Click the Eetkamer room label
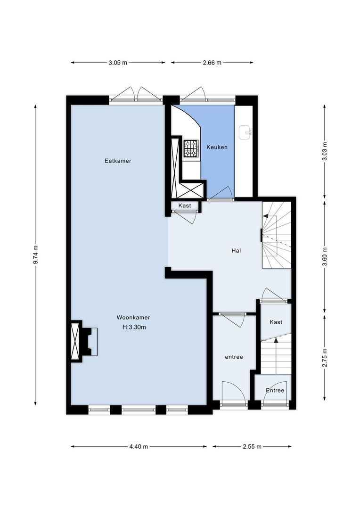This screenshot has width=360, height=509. tap(118, 161)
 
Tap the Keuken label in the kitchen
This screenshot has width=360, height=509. tap(217, 147)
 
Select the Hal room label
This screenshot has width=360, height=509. tap(236, 251)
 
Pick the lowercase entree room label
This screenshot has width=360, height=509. tap(234, 357)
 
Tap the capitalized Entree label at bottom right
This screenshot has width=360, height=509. tap(275, 390)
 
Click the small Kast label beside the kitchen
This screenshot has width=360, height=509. tap(185, 206)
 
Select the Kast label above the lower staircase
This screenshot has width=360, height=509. tap(276, 322)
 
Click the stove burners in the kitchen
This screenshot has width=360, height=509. tap(191, 148)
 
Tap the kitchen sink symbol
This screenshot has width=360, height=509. tap(245, 132)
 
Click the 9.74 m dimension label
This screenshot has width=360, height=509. tap(36, 255)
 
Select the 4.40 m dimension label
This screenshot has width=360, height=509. tap(139, 446)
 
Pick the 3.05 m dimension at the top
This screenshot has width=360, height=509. tap(118, 62)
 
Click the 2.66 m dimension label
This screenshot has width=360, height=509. tap(212, 62)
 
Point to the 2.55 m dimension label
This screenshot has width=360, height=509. tap(252, 446)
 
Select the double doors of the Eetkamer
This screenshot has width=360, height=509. tap(136, 94)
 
